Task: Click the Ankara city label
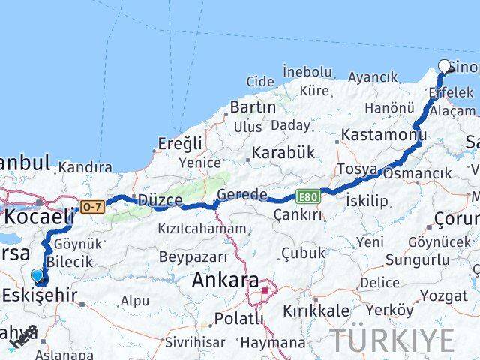[x=224, y=281]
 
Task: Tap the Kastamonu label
[x=383, y=136]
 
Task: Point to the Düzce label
[x=160, y=200]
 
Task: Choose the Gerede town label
[x=241, y=195]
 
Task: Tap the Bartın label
[x=253, y=107]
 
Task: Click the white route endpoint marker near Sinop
[x=445, y=66]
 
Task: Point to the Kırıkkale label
[x=316, y=310]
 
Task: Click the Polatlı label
[x=238, y=318]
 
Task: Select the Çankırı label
[x=298, y=215]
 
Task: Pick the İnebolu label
[x=307, y=71]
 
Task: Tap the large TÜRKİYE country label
[x=393, y=340]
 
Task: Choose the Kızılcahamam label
[x=202, y=229]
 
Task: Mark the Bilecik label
[x=69, y=262]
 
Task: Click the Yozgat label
[x=443, y=295]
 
